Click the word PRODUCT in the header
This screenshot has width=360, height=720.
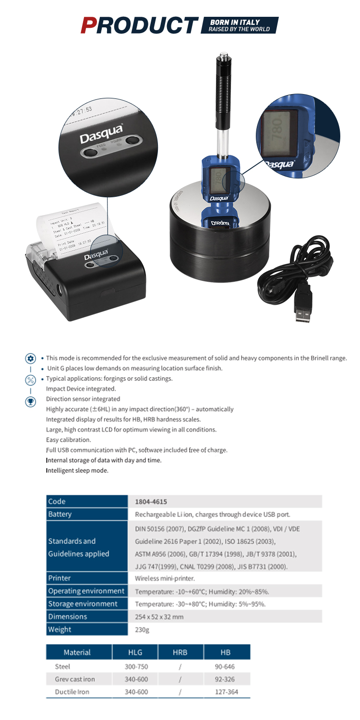tap(139, 24)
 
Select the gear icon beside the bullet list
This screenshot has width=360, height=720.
tap(30, 359)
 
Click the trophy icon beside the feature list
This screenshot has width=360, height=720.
tap(30, 402)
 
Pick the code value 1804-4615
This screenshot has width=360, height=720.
tap(151, 502)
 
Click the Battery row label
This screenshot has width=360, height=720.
tap(60, 515)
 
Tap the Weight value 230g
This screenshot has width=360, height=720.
tap(143, 630)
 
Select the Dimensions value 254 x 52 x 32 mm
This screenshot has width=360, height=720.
tap(159, 617)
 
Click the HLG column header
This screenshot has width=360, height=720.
tap(135, 652)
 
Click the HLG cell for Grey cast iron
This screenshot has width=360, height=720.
tap(136, 679)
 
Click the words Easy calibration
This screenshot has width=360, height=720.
tap(69, 440)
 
